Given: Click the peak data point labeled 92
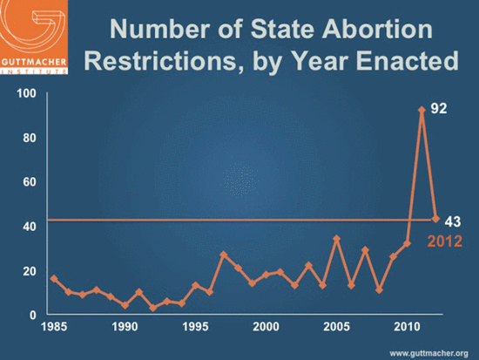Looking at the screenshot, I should pyautogui.click(x=422, y=110).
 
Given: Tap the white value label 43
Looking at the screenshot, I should pyautogui.click(x=453, y=221).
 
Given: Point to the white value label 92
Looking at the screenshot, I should pyautogui.click(x=440, y=111).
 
